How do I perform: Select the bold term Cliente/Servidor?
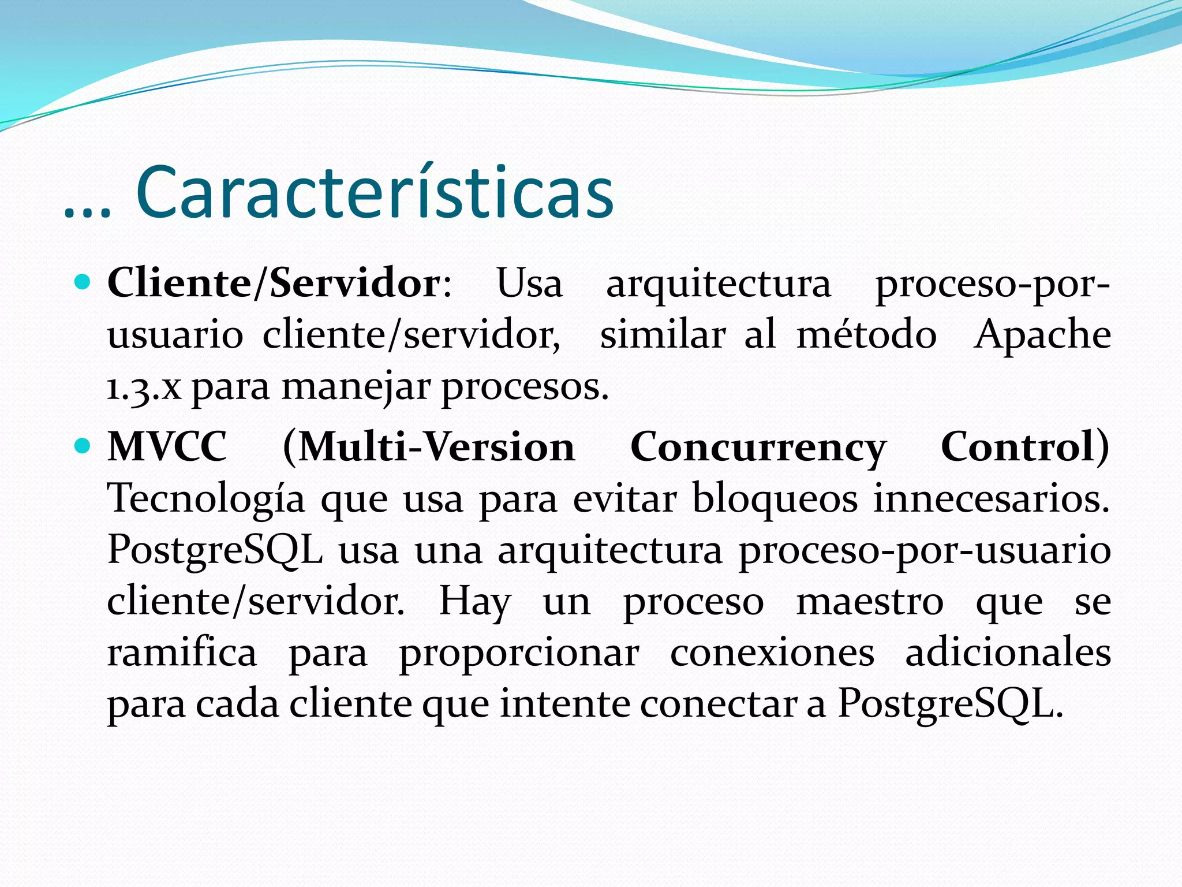coord(274,284)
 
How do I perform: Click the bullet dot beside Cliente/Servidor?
coord(83,282)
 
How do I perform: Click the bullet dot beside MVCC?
coord(83,446)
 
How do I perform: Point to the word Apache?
coord(1042,335)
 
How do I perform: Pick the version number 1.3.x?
coord(144,387)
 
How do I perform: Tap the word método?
coord(866,335)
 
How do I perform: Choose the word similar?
coord(662,335)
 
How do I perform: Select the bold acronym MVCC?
coord(167,447)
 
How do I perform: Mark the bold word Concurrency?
coord(758,448)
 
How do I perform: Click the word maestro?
coord(870,602)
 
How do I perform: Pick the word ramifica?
coord(182,653)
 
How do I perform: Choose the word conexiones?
coord(772,653)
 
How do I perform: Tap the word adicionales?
coord(1008,653)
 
